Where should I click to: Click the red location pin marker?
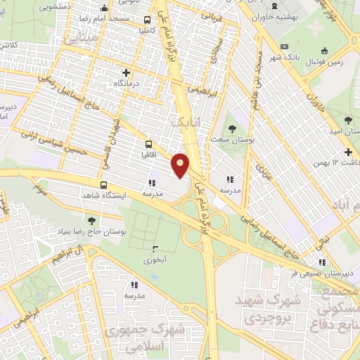click(x=181, y=165)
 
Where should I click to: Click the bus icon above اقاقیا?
click(x=148, y=142)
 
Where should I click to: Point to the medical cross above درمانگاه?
click(x=127, y=72)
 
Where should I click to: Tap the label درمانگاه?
click(x=127, y=83)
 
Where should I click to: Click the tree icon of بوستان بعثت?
click(x=232, y=129)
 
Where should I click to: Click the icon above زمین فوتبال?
click(x=324, y=51)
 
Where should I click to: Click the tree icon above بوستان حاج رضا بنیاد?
click(x=91, y=221)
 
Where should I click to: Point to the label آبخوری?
click(x=156, y=259)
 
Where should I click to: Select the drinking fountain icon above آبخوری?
click(x=156, y=248)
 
